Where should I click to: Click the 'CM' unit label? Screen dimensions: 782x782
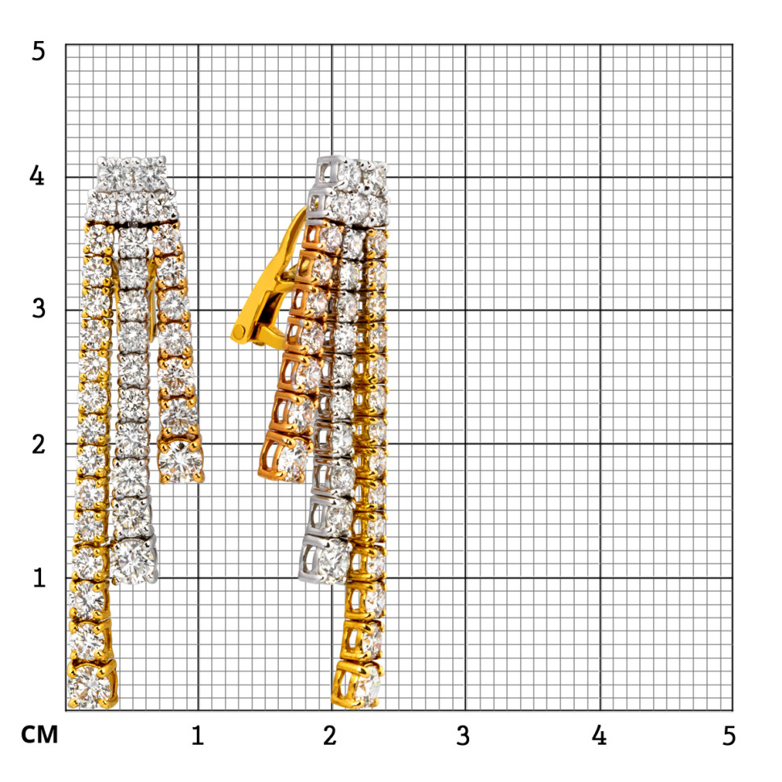click(x=40, y=734)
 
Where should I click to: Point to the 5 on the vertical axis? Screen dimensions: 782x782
click(x=39, y=52)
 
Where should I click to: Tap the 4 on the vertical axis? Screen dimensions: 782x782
click(x=37, y=175)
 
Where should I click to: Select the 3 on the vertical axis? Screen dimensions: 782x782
click(x=39, y=309)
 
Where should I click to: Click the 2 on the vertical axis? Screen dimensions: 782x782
click(x=39, y=443)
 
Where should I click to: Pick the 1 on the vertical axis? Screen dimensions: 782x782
click(x=40, y=577)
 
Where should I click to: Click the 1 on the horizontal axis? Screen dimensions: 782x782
click(x=198, y=735)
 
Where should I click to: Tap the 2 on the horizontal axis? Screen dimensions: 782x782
click(x=330, y=735)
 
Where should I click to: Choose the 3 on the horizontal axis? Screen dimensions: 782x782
click(x=463, y=735)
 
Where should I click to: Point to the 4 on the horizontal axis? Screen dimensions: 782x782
click(x=599, y=735)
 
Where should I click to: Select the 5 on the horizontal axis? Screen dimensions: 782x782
click(x=729, y=735)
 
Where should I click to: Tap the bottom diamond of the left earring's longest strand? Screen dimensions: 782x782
click(x=91, y=684)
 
